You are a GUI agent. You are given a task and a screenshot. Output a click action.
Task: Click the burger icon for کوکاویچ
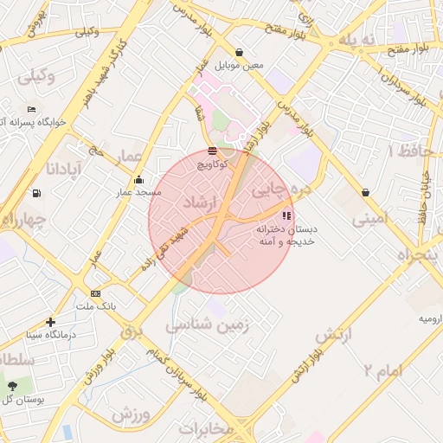tap(212, 152)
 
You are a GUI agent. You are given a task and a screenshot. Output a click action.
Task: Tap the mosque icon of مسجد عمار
tap(138, 179)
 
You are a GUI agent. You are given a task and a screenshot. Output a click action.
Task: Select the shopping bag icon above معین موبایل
tap(238, 52)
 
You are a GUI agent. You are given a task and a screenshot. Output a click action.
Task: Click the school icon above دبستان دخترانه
tap(286, 215)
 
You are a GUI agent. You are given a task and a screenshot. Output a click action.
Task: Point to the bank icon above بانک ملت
tap(95, 293)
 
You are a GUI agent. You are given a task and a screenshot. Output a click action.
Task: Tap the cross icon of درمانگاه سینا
tap(51, 322)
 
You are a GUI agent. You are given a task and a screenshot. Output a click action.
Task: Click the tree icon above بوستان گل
tap(12, 385)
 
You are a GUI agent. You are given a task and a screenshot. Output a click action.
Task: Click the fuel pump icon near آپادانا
tap(35, 193)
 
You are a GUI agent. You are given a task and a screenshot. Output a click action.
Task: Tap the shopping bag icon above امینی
tap(364, 192)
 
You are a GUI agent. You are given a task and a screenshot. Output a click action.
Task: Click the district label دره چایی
tap(279, 186)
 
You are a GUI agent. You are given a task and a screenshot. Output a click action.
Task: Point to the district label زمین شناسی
tap(208, 326)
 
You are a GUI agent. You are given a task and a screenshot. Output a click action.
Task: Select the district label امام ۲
tap(382, 371)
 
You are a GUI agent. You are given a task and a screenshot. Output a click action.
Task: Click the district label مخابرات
tap(207, 428)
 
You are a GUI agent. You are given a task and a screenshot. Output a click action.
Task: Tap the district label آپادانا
tap(66, 165)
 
